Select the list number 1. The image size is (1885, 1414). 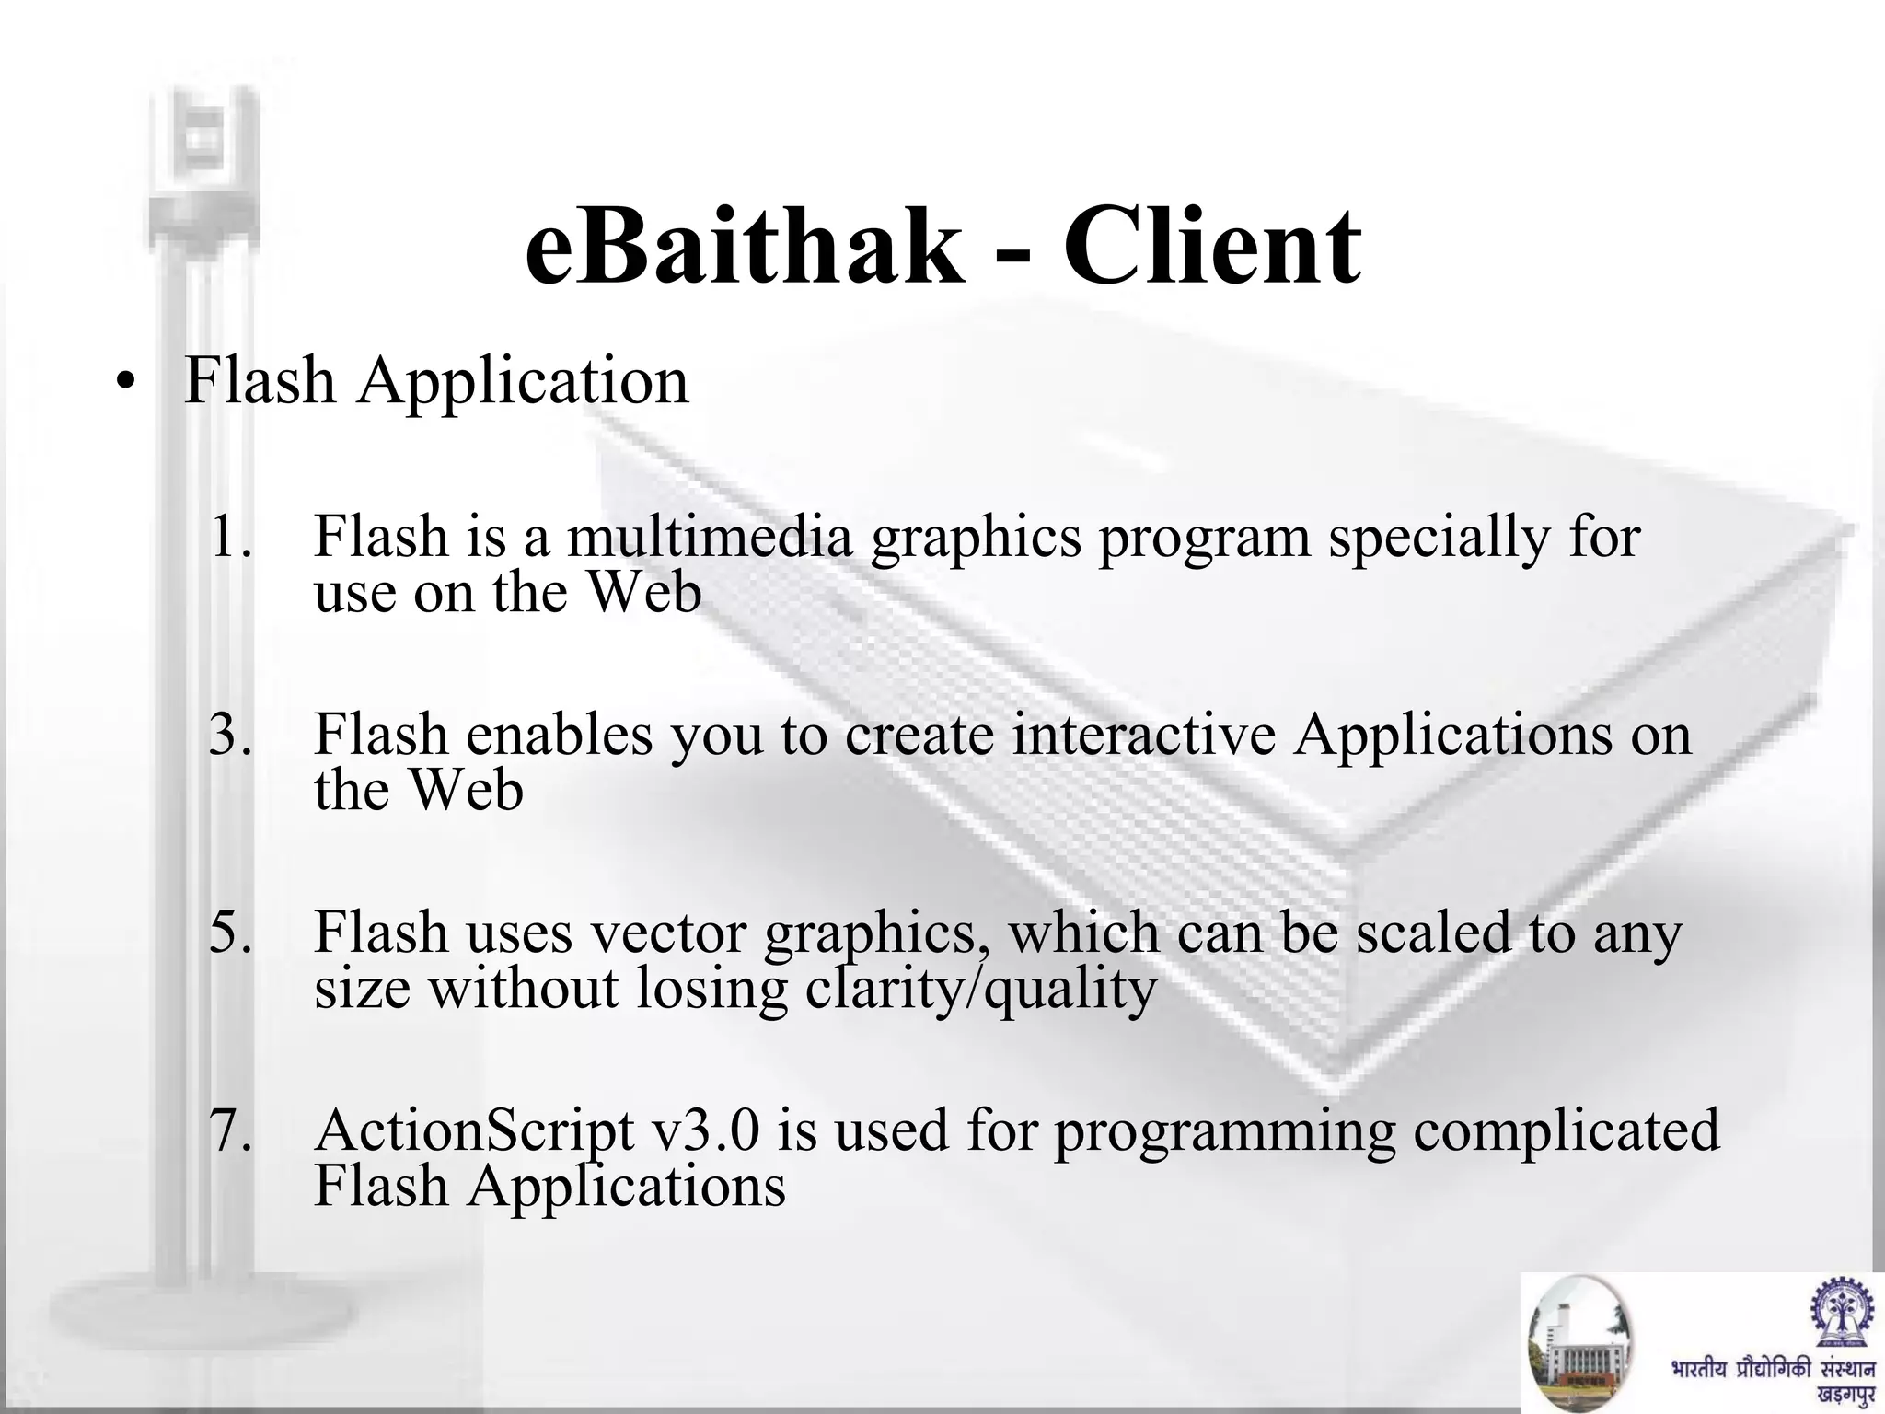(229, 537)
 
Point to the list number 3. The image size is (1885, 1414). (229, 736)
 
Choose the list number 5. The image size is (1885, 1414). (229, 933)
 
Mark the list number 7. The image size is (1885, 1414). (229, 1131)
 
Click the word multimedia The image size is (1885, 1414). (710, 537)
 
